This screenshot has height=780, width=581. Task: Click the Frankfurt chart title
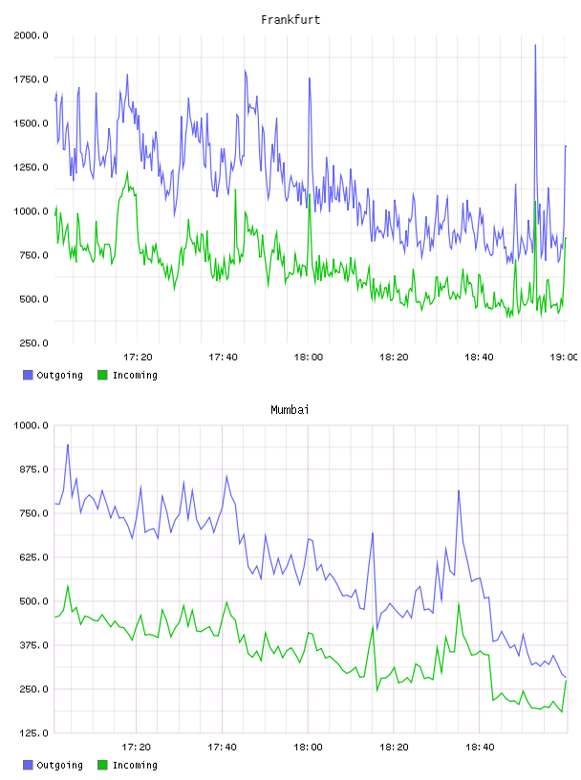click(x=290, y=20)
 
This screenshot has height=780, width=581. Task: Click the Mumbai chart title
click(x=290, y=410)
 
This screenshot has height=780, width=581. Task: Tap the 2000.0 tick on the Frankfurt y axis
click(x=31, y=35)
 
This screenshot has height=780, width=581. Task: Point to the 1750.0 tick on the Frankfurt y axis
click(x=31, y=79)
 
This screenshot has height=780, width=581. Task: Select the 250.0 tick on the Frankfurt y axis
click(x=33, y=343)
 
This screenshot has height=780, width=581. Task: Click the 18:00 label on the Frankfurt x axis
click(x=309, y=357)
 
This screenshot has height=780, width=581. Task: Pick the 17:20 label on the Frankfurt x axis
click(x=138, y=357)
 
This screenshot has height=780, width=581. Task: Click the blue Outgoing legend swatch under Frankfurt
click(x=28, y=375)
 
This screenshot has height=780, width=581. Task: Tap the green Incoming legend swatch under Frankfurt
click(x=102, y=375)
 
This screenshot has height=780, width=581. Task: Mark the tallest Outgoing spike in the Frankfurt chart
click(x=535, y=45)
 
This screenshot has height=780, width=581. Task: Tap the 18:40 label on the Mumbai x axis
click(x=480, y=747)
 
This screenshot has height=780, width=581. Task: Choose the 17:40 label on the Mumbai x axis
click(x=223, y=747)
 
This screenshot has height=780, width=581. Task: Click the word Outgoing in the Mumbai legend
click(x=59, y=765)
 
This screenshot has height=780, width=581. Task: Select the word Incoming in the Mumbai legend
click(x=135, y=765)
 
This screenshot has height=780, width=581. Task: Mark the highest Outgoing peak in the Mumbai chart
click(x=68, y=445)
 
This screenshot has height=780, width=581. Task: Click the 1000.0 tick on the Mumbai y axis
click(x=31, y=425)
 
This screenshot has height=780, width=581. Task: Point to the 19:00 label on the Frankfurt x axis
click(x=564, y=357)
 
